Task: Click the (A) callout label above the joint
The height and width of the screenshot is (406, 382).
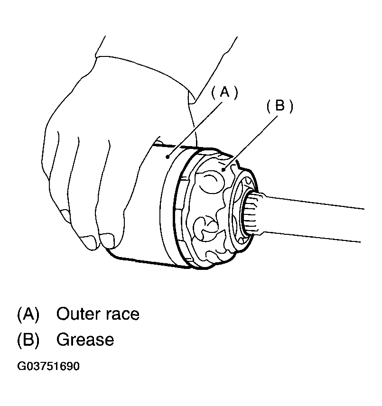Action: tap(224, 92)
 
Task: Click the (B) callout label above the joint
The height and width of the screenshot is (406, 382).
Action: tap(280, 106)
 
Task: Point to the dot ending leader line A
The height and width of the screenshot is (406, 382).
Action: tap(168, 157)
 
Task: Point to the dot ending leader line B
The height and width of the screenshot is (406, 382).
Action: tap(223, 170)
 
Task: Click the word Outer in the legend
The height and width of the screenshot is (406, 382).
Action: tap(78, 314)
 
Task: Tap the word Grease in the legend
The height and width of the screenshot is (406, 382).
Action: tap(85, 340)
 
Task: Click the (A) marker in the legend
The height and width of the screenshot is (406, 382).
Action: tap(28, 314)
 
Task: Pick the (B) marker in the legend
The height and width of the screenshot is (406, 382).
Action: tap(28, 340)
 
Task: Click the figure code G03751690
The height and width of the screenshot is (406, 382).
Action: tap(48, 366)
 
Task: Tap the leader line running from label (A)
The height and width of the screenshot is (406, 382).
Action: tap(196, 129)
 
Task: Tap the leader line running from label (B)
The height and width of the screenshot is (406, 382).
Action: tap(250, 142)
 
